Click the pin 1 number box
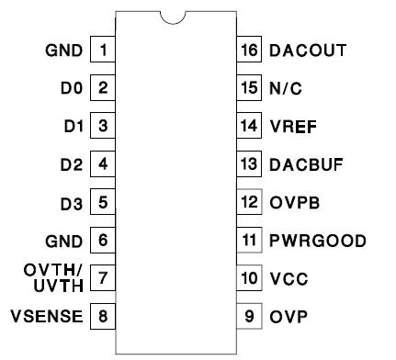(103, 50)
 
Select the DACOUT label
(308, 50)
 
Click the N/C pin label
(286, 88)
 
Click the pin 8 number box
(103, 317)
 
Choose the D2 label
(71, 164)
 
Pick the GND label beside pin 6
(65, 241)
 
